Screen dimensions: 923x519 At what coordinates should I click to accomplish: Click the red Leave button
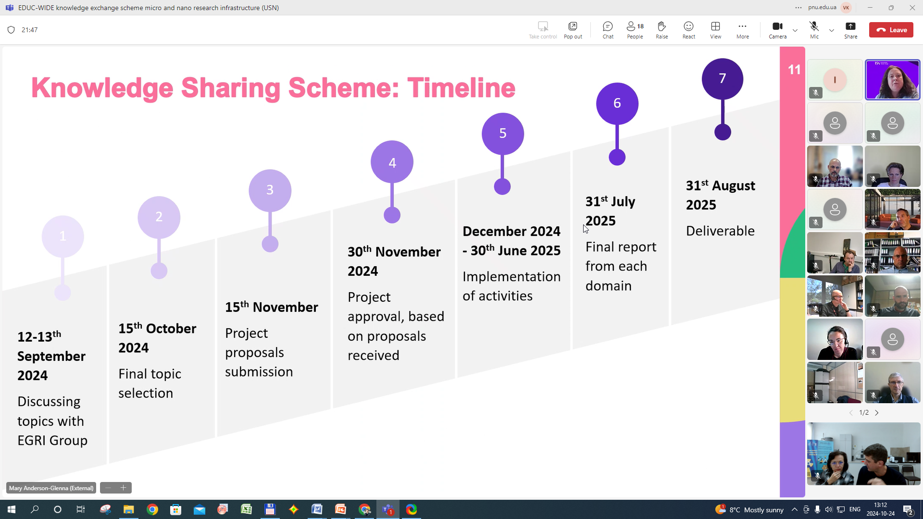pos(891,30)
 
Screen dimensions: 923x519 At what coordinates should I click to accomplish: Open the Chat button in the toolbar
pos(608,30)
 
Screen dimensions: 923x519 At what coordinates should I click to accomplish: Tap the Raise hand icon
pos(661,30)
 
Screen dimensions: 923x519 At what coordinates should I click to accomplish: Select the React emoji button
pos(688,30)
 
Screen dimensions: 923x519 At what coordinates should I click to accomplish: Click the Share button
pos(850,30)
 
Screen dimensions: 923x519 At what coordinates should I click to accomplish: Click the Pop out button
pos(573,30)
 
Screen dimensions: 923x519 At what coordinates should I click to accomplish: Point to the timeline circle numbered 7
pos(722,79)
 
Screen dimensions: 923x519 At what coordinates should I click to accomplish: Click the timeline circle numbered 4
pos(392,162)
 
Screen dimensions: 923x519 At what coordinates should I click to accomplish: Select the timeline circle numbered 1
pos(62,236)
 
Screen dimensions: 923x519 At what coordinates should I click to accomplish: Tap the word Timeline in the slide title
pos(461,88)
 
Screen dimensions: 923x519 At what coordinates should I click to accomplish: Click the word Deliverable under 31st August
pos(720,231)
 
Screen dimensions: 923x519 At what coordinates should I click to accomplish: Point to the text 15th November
pos(271,307)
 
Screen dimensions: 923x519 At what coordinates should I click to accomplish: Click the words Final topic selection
pos(150,383)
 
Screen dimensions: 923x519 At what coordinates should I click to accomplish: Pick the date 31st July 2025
pos(610,211)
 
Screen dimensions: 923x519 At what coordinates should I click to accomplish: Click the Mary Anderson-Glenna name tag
pos(51,488)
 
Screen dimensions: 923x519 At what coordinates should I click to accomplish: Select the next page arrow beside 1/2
pos(877,413)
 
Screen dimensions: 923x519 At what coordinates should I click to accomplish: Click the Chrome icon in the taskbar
pos(152,509)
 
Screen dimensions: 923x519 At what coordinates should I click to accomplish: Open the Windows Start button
pos(12,509)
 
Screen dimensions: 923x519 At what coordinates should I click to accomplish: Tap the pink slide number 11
pos(794,70)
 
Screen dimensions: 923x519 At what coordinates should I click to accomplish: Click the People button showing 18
pos(635,30)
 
